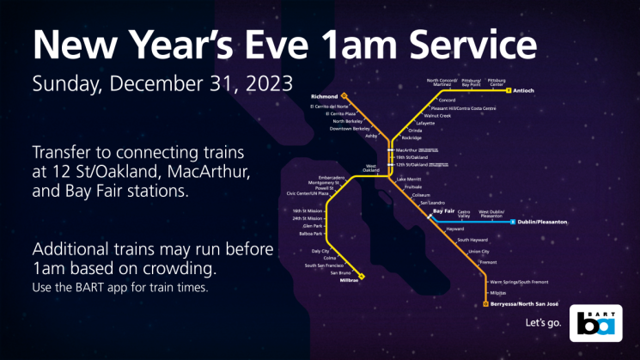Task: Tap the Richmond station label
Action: coord(323,97)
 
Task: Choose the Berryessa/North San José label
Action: coord(524,304)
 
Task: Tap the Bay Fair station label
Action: coord(443,211)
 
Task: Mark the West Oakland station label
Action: coord(371,168)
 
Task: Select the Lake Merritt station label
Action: coord(409,178)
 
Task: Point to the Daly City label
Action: coord(320,250)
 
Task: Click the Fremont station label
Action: coord(488,261)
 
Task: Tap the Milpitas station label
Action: coord(501,292)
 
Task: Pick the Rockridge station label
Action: coord(411,137)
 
